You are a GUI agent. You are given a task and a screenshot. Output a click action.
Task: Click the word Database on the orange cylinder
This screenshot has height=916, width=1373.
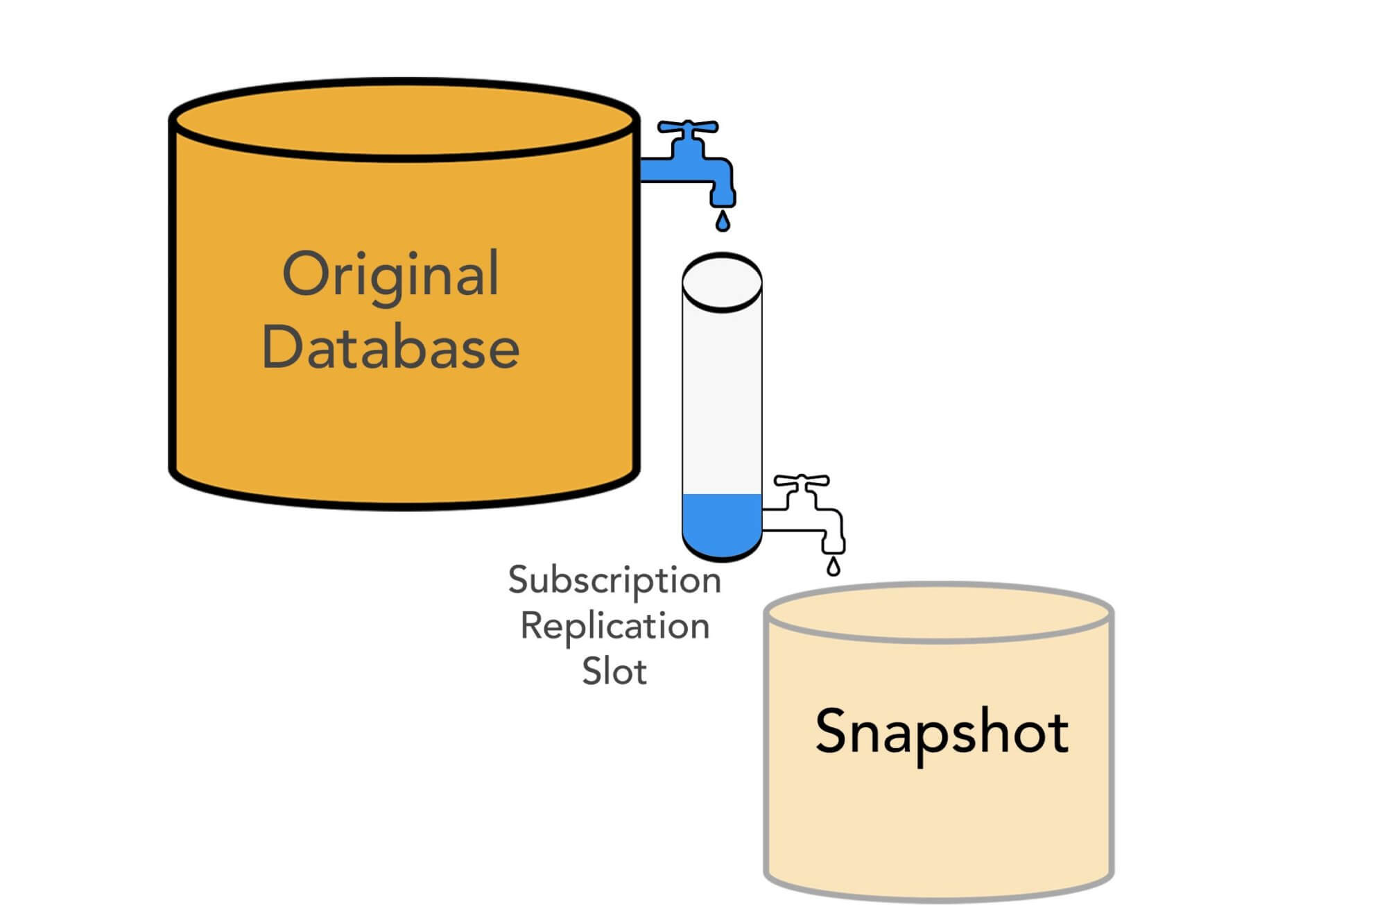[x=390, y=348]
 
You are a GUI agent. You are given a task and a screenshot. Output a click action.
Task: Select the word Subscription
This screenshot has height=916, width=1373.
[x=614, y=580]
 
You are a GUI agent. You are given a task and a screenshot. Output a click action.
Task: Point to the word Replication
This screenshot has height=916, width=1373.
[x=614, y=626]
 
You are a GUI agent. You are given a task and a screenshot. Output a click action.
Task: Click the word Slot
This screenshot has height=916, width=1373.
[x=614, y=672]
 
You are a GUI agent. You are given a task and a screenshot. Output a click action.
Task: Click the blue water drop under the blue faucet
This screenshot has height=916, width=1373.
[x=723, y=221]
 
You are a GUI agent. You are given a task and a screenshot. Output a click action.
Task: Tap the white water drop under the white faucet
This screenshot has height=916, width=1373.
[x=834, y=567]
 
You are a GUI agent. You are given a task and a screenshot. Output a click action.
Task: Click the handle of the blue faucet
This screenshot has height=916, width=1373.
[x=687, y=128]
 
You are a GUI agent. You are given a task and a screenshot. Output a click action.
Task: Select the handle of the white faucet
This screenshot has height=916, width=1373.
[x=802, y=480]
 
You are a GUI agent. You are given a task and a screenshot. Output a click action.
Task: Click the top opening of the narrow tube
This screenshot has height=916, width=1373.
[x=722, y=282]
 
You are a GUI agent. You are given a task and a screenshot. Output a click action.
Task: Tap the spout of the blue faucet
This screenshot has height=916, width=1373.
[x=723, y=191]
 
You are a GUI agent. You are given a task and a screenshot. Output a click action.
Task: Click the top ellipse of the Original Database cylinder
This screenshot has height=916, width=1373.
[x=404, y=120]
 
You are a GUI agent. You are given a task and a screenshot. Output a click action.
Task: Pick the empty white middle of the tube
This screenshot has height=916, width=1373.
[x=722, y=402]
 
